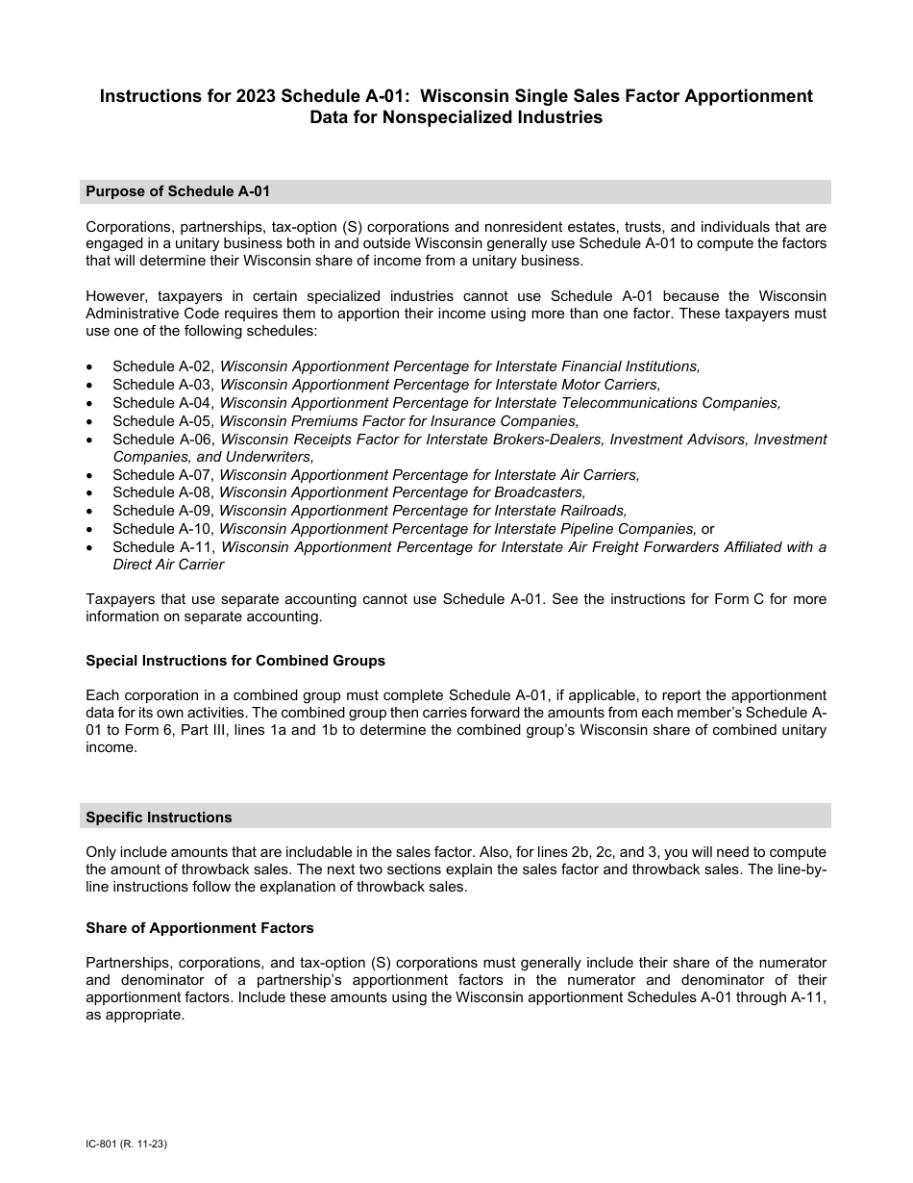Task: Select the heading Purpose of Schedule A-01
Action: [178, 191]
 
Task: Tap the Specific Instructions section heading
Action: [159, 817]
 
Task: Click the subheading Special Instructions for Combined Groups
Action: [235, 661]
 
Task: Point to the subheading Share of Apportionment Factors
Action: [200, 928]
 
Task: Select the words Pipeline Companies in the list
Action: [629, 529]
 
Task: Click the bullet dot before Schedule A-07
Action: [89, 475]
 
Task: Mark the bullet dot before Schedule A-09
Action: [89, 512]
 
